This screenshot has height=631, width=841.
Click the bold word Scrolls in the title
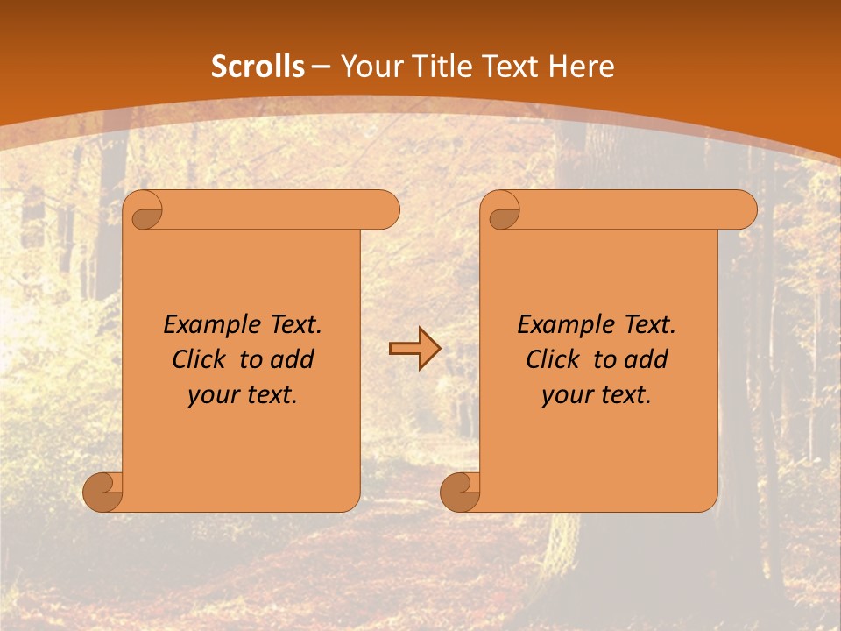(258, 67)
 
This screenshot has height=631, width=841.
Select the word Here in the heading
(582, 67)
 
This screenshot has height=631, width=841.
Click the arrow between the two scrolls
(414, 349)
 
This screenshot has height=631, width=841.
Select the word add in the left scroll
(293, 359)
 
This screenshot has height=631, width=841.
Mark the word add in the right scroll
(647, 359)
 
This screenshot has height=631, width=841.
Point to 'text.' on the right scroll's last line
(623, 395)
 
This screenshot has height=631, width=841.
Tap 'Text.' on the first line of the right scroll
(648, 325)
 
